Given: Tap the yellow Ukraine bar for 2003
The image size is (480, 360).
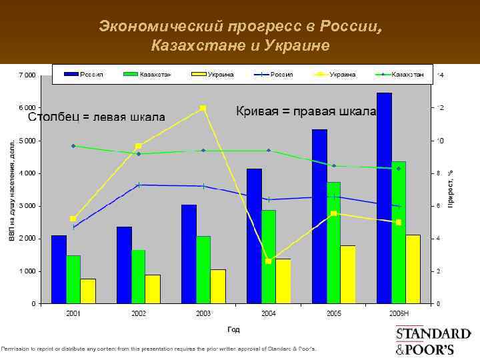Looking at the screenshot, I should click(218, 287).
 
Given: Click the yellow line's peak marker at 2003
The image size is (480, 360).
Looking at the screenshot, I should click(203, 108).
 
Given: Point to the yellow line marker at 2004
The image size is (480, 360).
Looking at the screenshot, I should click(268, 261).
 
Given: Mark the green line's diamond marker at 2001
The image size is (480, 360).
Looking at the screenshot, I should click(73, 146).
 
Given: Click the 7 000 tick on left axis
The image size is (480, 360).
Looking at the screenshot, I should click(26, 75).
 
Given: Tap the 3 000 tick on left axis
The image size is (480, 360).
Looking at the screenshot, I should click(26, 206).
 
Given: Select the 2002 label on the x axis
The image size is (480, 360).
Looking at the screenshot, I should click(138, 313).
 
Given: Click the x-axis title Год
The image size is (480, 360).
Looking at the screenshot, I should click(233, 329).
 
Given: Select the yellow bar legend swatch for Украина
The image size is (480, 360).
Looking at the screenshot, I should click(198, 74).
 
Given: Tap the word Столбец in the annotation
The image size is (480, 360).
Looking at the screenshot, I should click(51, 118).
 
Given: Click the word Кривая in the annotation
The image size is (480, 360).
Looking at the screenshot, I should click(257, 111).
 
